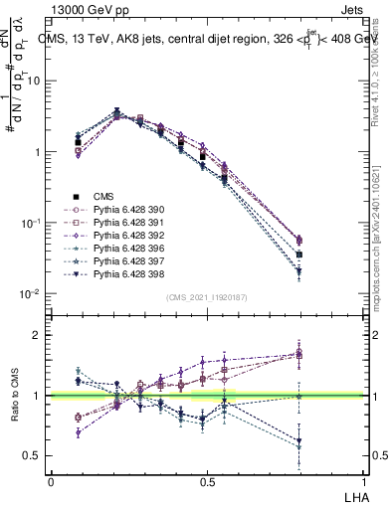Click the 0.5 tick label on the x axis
pyautogui.click(x=207, y=481)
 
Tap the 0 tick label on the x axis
pyautogui.click(x=51, y=481)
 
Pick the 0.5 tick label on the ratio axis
pyautogui.click(x=32, y=456)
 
